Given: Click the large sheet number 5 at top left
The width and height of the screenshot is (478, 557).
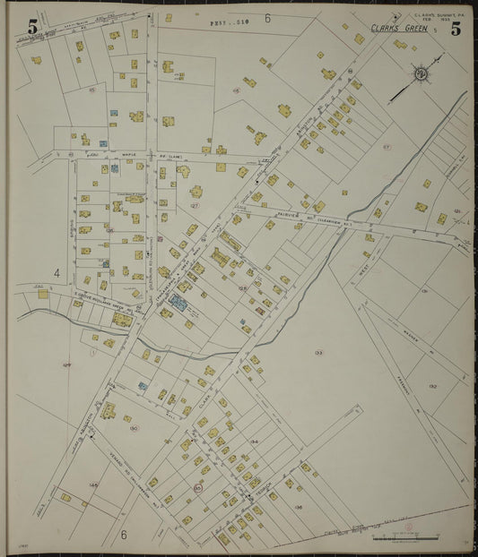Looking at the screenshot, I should click(33, 27).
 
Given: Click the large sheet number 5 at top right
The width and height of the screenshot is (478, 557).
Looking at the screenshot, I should click(456, 29).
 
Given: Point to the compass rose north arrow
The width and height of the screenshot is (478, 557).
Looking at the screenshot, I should click(420, 73).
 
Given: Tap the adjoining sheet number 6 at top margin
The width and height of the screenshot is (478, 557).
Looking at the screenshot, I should click(267, 18).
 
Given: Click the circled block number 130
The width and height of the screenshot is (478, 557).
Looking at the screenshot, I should click(134, 428).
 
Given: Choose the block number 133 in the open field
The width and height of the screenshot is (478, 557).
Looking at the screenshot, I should click(318, 353).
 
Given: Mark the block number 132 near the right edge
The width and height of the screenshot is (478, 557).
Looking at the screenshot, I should click(432, 386).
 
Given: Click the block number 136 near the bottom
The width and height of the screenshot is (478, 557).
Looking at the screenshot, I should click(298, 508).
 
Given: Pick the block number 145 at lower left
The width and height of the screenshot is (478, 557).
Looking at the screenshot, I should click(93, 484).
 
